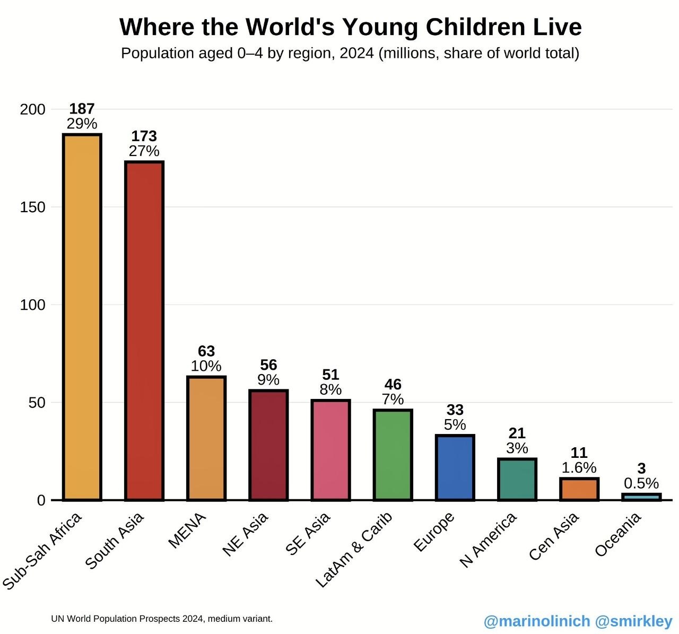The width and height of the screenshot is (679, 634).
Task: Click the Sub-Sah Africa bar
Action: pos(82,317)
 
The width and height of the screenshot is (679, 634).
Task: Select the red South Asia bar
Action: pos(144,331)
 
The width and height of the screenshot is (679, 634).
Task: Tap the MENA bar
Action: pos(206,438)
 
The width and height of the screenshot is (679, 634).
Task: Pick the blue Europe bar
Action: pos(455,468)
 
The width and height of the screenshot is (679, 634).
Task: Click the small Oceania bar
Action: pos(641,497)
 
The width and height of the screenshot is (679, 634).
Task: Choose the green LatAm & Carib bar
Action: pos(393,455)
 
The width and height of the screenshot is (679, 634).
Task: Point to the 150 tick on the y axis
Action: pos(32,207)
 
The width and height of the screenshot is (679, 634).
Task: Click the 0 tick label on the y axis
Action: pos(41,500)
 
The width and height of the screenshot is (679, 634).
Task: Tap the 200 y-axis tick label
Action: pos(32,109)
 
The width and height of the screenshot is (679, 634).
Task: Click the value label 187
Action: pos(82,109)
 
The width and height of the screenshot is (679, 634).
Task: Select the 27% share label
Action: pos(144,151)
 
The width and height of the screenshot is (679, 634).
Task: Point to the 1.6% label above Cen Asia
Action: pos(579,467)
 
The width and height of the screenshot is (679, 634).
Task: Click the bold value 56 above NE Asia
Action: pos(268,365)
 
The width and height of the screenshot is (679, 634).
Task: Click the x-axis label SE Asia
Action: pos(307,534)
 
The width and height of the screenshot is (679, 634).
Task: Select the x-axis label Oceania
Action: pos(618,534)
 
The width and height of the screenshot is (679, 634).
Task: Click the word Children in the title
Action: pos(475,27)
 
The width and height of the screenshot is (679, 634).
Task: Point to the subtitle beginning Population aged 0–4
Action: pos(350,54)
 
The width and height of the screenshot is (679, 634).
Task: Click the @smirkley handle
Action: pos(633,621)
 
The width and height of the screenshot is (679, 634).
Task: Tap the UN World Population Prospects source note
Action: pos(162,619)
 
